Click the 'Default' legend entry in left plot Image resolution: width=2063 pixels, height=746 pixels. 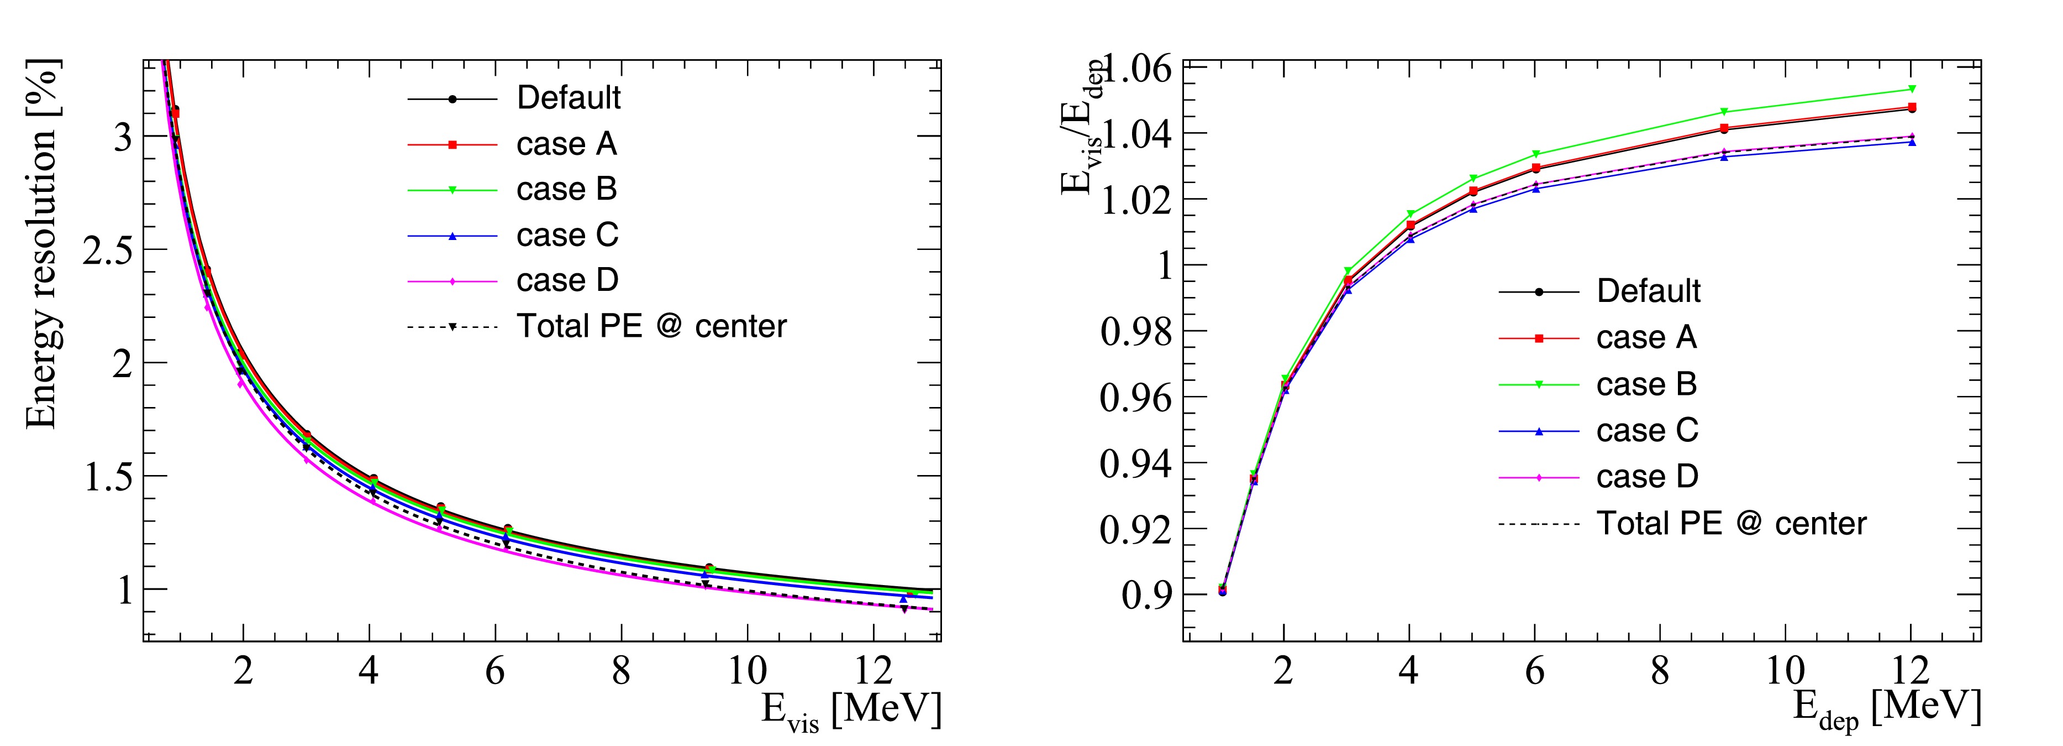pyautogui.click(x=568, y=98)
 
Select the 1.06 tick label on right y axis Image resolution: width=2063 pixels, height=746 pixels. pyautogui.click(x=1137, y=67)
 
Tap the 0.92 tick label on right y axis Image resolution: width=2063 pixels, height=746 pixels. pyautogui.click(x=1135, y=529)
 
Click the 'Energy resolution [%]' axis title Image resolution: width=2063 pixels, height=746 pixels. pyautogui.click(x=41, y=244)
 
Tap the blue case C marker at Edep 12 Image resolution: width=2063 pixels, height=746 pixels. pyautogui.click(x=1912, y=142)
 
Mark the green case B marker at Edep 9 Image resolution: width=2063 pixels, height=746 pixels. pyautogui.click(x=1723, y=111)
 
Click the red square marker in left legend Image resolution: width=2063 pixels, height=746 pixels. pyautogui.click(x=452, y=145)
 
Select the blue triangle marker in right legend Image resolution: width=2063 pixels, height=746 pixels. pyautogui.click(x=1539, y=431)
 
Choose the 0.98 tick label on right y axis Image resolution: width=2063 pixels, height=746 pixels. pyautogui.click(x=1135, y=331)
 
